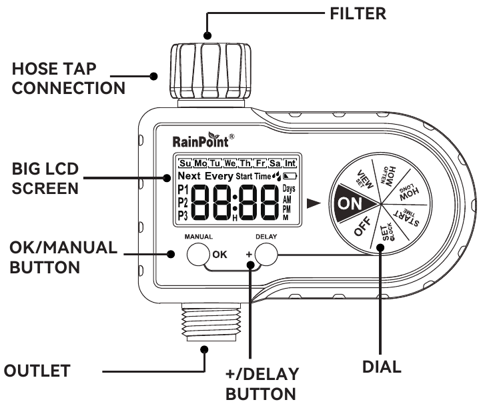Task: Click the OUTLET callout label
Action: [37, 369]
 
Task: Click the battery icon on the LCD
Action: [288, 177]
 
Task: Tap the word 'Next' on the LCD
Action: [189, 177]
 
